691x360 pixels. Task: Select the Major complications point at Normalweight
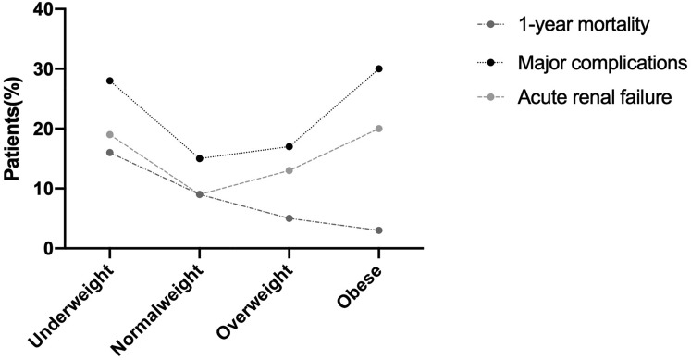pyautogui.click(x=199, y=158)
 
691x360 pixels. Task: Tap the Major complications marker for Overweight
pyautogui.click(x=290, y=146)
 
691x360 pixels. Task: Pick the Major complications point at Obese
pyautogui.click(x=379, y=68)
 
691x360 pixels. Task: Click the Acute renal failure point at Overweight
pyautogui.click(x=290, y=170)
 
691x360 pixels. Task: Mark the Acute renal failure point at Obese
pyautogui.click(x=379, y=129)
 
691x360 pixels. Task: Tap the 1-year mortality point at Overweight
pyautogui.click(x=290, y=218)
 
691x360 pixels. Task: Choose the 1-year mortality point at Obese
pyautogui.click(x=379, y=230)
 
